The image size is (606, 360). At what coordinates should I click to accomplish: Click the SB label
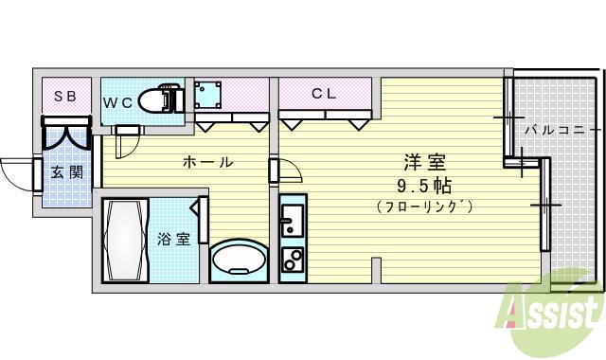click(64, 96)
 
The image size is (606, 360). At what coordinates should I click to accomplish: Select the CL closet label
click(324, 94)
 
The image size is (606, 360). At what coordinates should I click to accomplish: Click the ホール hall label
click(207, 162)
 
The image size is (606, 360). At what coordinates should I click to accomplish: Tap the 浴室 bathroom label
click(173, 239)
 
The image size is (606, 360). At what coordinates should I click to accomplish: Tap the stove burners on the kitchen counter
click(291, 259)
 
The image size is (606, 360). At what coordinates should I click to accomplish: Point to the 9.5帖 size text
click(423, 184)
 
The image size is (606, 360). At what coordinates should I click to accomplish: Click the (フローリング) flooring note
click(423, 206)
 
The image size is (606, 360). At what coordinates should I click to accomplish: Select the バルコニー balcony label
click(562, 128)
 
